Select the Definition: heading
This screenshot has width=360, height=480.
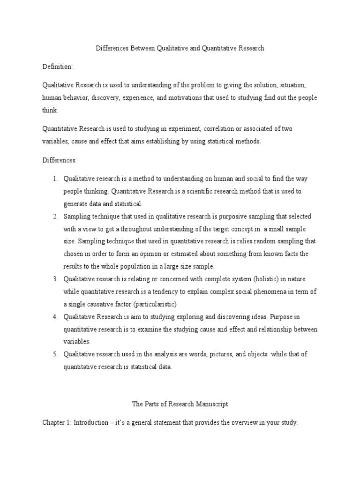pyautogui.click(x=58, y=67)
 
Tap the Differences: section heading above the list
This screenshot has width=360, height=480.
pyautogui.click(x=60, y=160)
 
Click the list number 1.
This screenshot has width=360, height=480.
pyautogui.click(x=54, y=179)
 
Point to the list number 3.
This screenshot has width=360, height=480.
pyautogui.click(x=54, y=279)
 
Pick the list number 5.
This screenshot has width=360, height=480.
pyautogui.click(x=54, y=354)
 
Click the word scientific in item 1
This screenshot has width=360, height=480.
pyautogui.click(x=189, y=191)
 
